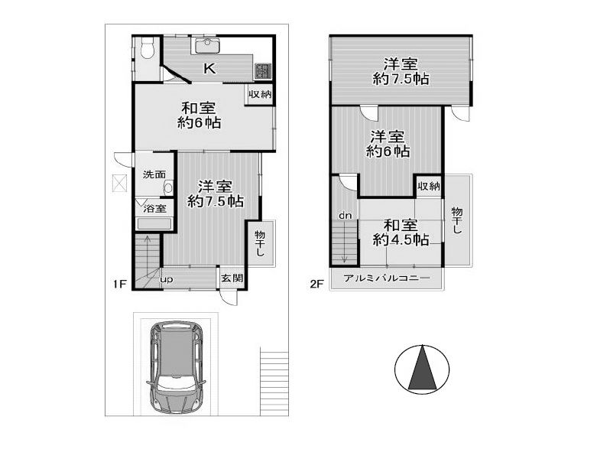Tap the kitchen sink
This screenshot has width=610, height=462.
tap(206, 47)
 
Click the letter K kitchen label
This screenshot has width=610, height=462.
tap(209, 69)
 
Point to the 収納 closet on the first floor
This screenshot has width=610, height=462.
tap(260, 94)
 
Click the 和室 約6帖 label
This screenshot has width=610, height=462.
tap(200, 115)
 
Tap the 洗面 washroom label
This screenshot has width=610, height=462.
tap(154, 174)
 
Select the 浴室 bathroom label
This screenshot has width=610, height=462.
tap(155, 209)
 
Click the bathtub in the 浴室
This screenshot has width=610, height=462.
tap(154, 224)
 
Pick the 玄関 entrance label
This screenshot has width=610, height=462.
tap(232, 278)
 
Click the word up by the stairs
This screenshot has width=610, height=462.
tap(167, 280)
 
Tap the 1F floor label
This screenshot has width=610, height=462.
tap(120, 284)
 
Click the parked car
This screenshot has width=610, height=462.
tap(177, 367)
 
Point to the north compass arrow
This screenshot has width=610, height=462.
tap(422, 367)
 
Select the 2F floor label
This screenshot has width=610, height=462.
tap(316, 284)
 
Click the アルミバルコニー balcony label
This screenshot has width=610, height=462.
tap(387, 278)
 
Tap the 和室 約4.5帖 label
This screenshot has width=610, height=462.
tap(401, 233)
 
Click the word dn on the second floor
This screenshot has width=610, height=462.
tap(345, 215)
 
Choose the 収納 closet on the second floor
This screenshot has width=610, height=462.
tap(429, 187)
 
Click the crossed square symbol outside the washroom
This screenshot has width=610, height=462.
tap(121, 183)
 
